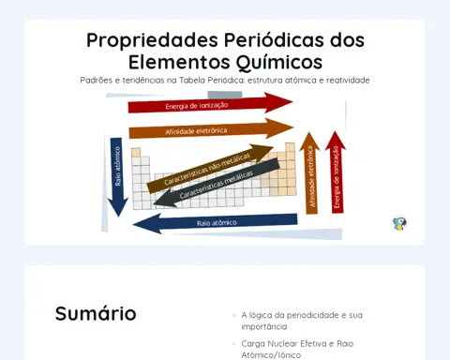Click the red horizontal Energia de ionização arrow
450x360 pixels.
(x=210, y=104)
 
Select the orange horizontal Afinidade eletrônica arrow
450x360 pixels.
(x=211, y=129)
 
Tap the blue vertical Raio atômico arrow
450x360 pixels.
(x=117, y=177)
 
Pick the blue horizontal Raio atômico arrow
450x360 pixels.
(x=215, y=222)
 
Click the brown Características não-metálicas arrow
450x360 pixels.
(x=210, y=169)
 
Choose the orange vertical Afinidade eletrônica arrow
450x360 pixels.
(x=310, y=173)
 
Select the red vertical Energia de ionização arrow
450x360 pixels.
(x=336, y=172)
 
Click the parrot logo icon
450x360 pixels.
(x=399, y=223)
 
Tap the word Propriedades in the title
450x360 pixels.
(x=152, y=40)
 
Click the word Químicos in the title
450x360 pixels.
(x=278, y=62)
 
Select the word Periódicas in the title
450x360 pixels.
(x=274, y=39)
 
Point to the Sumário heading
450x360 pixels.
(x=96, y=313)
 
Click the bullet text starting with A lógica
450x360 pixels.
(x=302, y=321)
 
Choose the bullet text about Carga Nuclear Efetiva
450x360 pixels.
(x=297, y=350)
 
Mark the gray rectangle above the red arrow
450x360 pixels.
(x=225, y=95)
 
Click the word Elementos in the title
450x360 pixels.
(x=179, y=62)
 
